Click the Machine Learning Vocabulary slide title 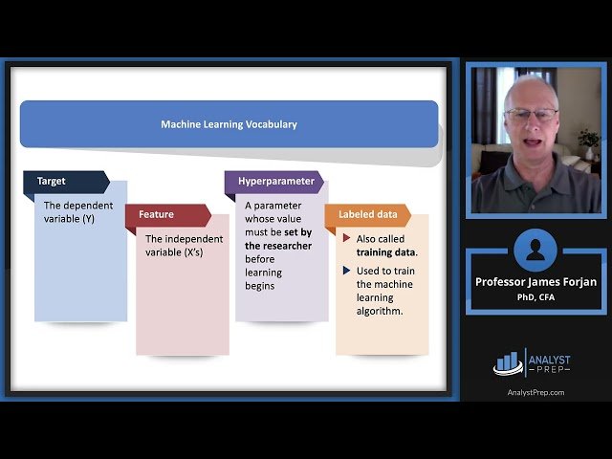click(x=229, y=124)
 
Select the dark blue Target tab click(x=52, y=181)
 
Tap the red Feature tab click(x=157, y=214)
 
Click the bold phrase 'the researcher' click(x=277, y=245)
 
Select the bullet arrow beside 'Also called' click(x=346, y=238)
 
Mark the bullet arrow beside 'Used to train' click(x=346, y=272)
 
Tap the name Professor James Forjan click(x=535, y=281)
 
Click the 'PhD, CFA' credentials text click(x=535, y=296)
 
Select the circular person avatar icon click(x=535, y=251)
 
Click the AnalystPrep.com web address click(x=535, y=392)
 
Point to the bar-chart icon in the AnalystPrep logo click(x=507, y=362)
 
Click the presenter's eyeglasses click(x=531, y=115)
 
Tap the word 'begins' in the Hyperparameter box click(x=259, y=285)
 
